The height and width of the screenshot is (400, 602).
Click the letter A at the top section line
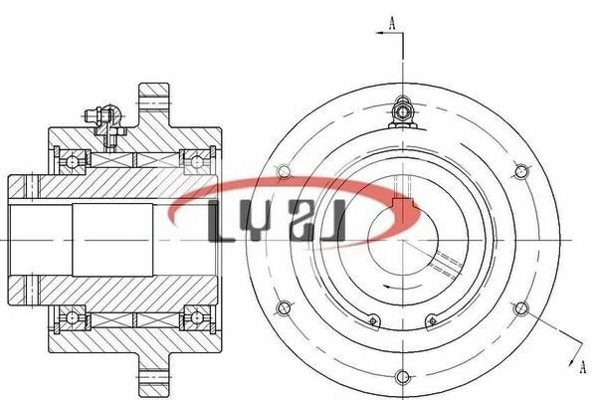point(392,23)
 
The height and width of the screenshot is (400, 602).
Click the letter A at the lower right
point(583,366)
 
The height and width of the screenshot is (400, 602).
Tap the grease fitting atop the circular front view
point(402,112)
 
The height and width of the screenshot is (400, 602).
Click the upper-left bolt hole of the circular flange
point(284,171)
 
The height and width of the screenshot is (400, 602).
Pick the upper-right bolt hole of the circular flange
point(521,171)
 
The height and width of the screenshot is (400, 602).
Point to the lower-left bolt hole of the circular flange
point(284,307)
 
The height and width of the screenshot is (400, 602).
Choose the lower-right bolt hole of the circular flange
point(521,307)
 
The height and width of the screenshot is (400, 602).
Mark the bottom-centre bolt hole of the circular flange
point(402,377)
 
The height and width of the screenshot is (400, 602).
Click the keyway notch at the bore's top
point(402,203)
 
